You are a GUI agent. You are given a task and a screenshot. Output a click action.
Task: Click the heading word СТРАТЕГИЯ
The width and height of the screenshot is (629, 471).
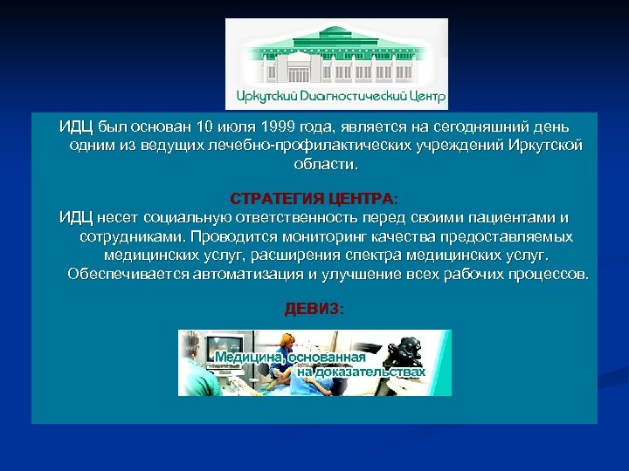pyautogui.click(x=278, y=197)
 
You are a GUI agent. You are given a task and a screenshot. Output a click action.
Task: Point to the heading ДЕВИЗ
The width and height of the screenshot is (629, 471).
pyautogui.click(x=314, y=309)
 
